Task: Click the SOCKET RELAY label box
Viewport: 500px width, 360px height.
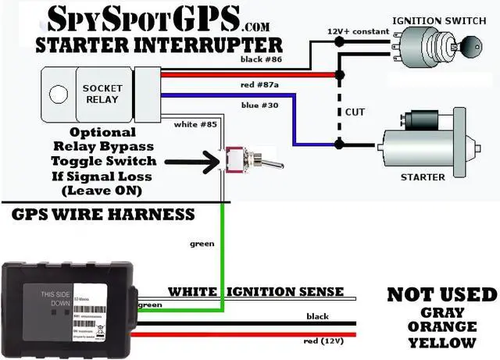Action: point(102,94)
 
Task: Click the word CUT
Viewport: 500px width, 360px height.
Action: point(355,112)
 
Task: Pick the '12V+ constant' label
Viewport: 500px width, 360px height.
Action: point(357,30)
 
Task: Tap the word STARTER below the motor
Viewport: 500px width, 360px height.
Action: point(423,177)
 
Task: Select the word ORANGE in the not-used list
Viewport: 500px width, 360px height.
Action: point(441,326)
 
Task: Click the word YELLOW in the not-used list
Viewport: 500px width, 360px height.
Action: point(441,343)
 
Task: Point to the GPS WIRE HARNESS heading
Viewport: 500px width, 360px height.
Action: point(104,213)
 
